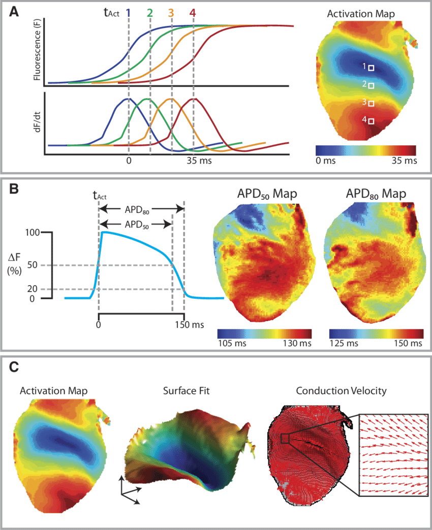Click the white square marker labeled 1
371,68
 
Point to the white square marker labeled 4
371,121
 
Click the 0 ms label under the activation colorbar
327,161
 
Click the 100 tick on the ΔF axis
32,232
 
